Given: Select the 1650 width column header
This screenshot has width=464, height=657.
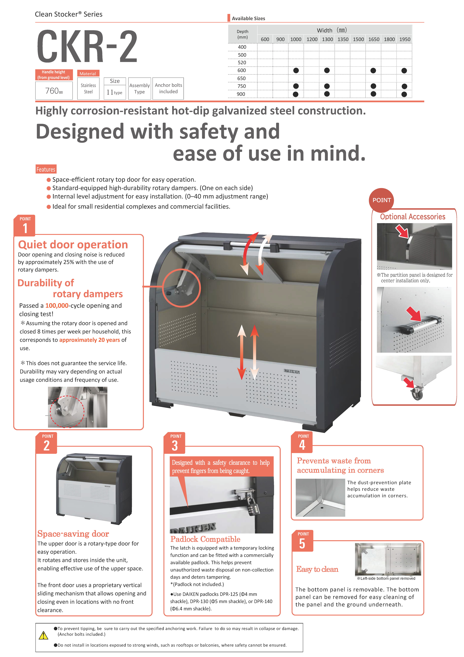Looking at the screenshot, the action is point(374,39).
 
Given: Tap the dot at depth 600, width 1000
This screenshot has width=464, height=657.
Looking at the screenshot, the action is point(296,70).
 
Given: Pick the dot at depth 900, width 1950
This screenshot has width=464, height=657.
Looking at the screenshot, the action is point(404,94).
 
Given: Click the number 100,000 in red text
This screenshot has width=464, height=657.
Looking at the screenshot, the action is point(57,306).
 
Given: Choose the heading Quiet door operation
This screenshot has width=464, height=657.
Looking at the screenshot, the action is point(73,245).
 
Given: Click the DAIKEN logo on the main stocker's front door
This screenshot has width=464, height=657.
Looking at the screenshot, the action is point(292,371).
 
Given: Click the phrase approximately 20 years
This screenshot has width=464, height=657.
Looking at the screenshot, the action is point(90,340).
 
